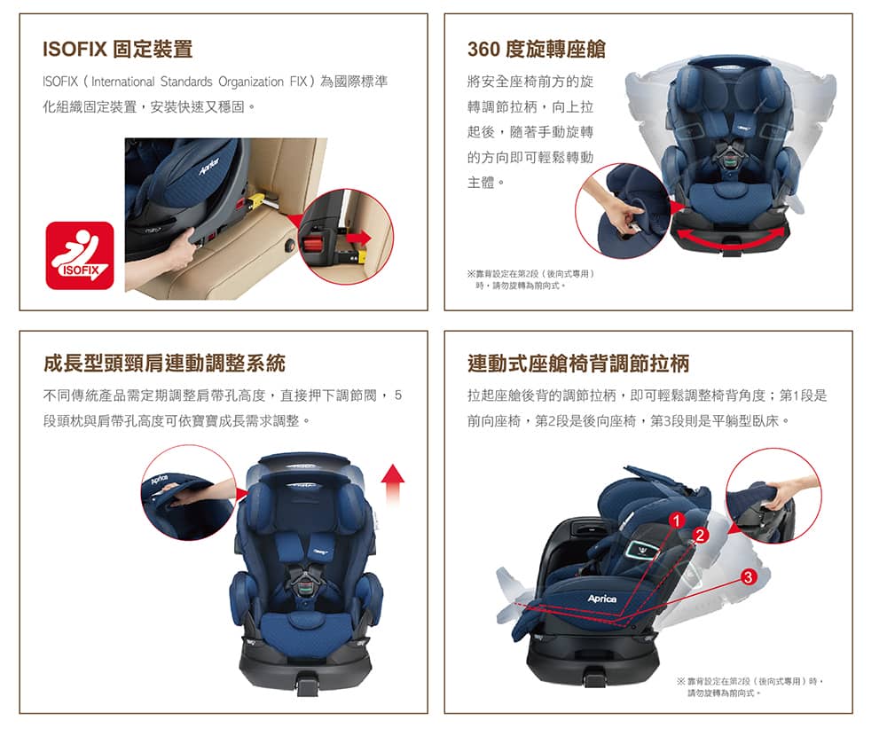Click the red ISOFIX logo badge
[80, 255]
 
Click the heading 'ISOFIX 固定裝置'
[118, 50]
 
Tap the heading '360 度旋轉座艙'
[537, 50]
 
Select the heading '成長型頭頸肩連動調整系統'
[164, 364]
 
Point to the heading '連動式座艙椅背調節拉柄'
[578, 364]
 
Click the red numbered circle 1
[677, 520]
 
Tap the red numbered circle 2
[701, 536]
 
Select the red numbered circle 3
[749, 577]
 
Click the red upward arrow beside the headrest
[393, 483]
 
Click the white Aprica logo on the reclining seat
[602, 599]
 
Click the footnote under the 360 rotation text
[530, 279]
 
